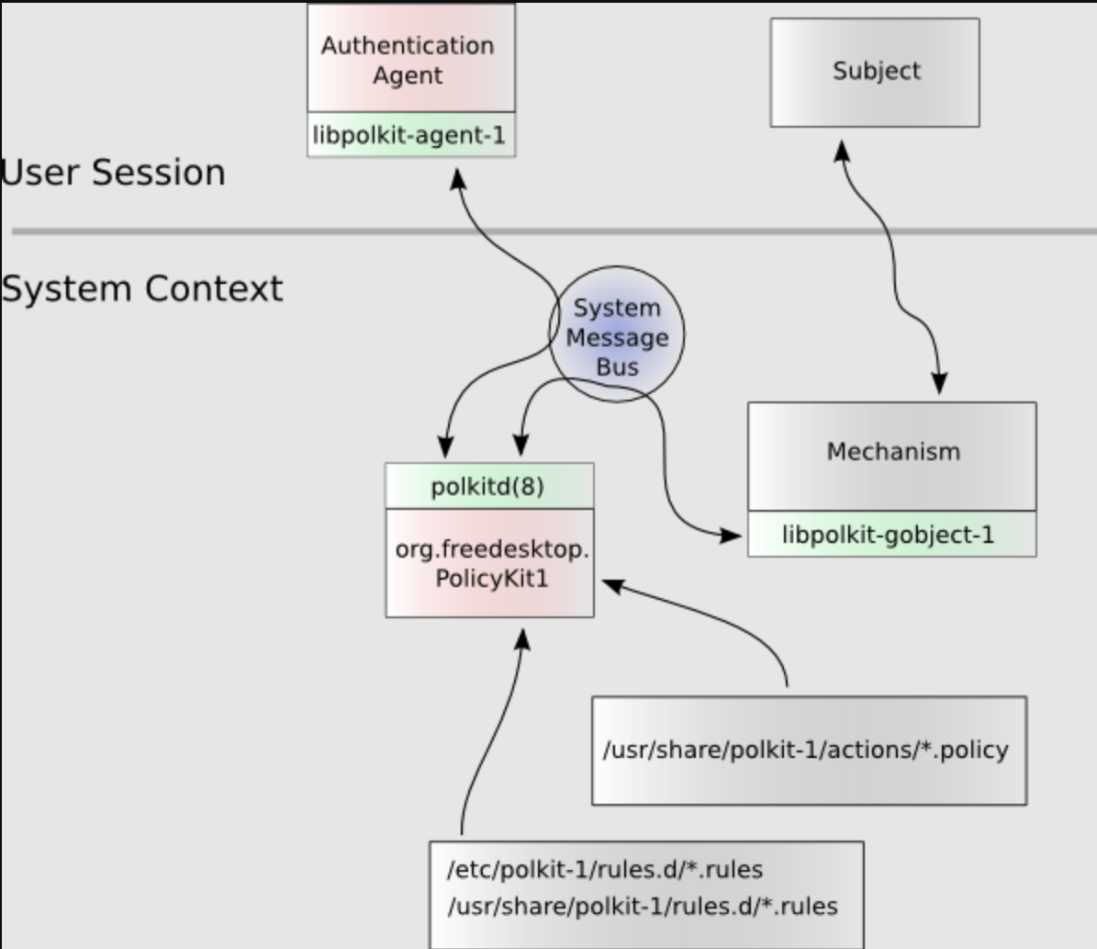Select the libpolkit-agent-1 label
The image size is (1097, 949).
409,136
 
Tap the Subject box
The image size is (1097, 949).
875,72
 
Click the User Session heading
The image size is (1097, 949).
113,173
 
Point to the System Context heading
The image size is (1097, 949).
142,288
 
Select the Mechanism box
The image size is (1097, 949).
892,453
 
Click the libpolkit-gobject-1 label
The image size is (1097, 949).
888,535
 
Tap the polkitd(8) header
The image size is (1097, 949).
488,486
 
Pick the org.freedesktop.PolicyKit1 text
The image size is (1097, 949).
491,564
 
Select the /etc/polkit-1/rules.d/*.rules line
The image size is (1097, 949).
605,869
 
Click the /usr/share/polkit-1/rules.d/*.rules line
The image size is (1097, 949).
642,907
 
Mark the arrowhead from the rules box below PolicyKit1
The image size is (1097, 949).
522,639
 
